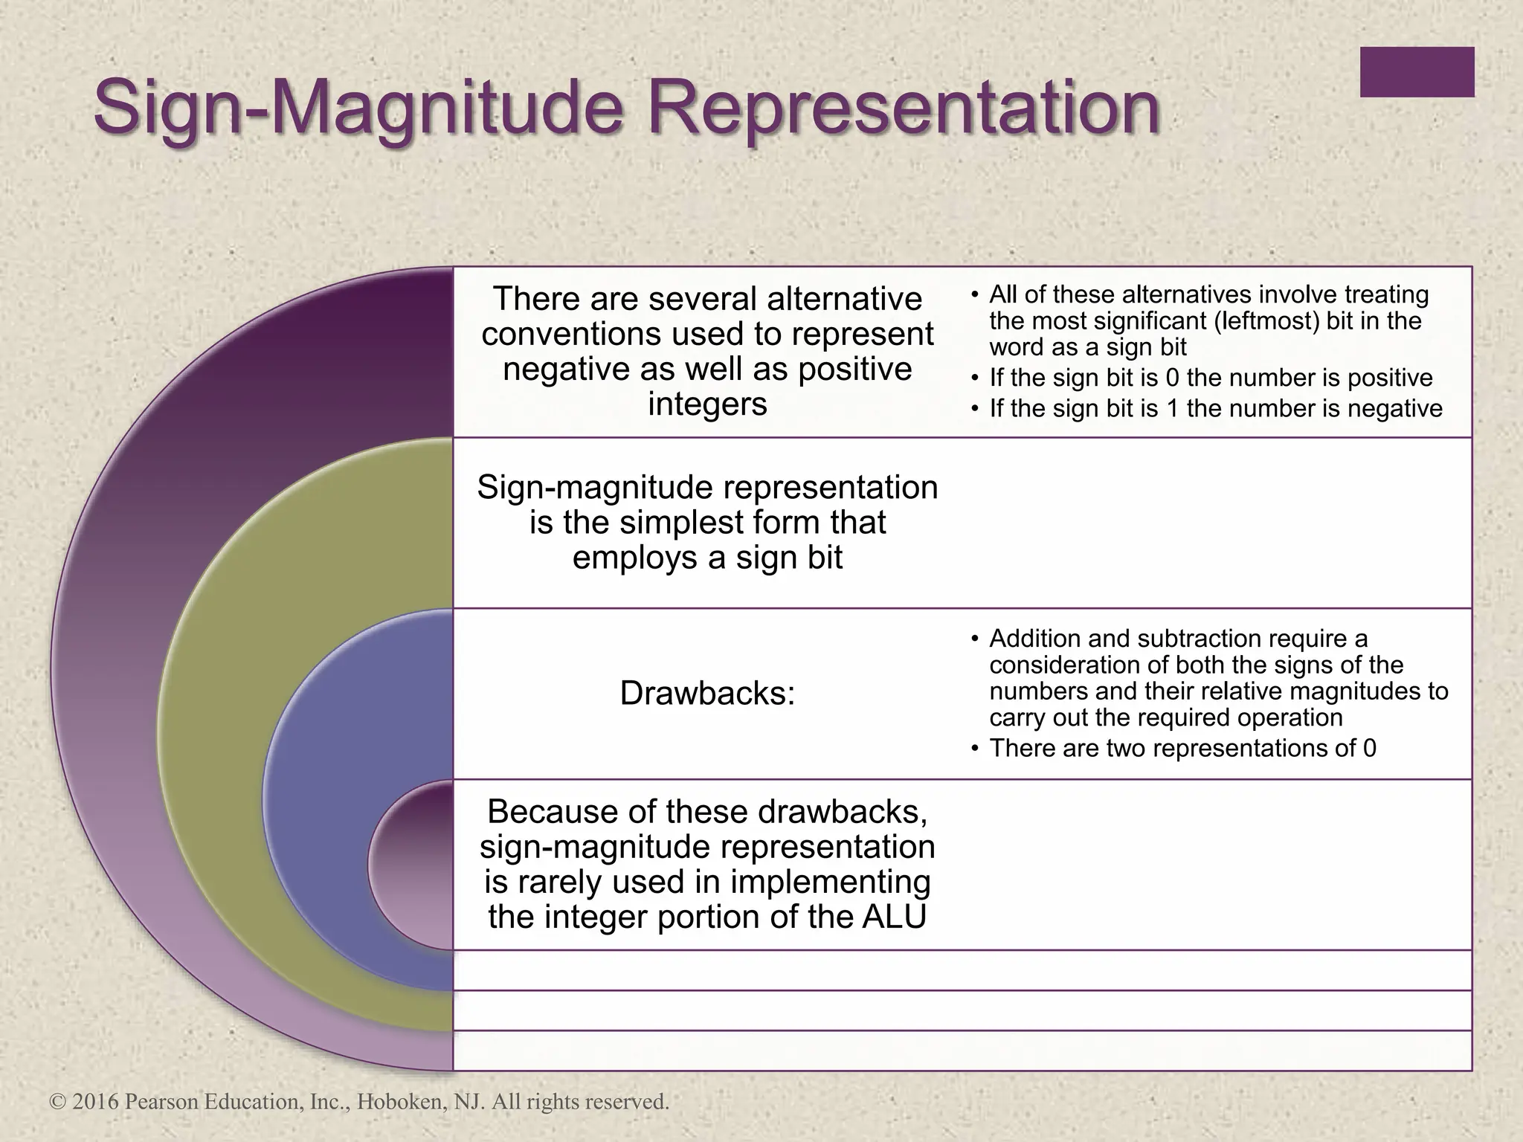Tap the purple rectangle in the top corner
pos(1417,72)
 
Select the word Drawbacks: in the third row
pos(707,694)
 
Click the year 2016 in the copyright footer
pos(95,1102)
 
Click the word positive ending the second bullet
pos(1390,378)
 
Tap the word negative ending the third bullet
pos(1395,408)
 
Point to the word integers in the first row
pos(707,404)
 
